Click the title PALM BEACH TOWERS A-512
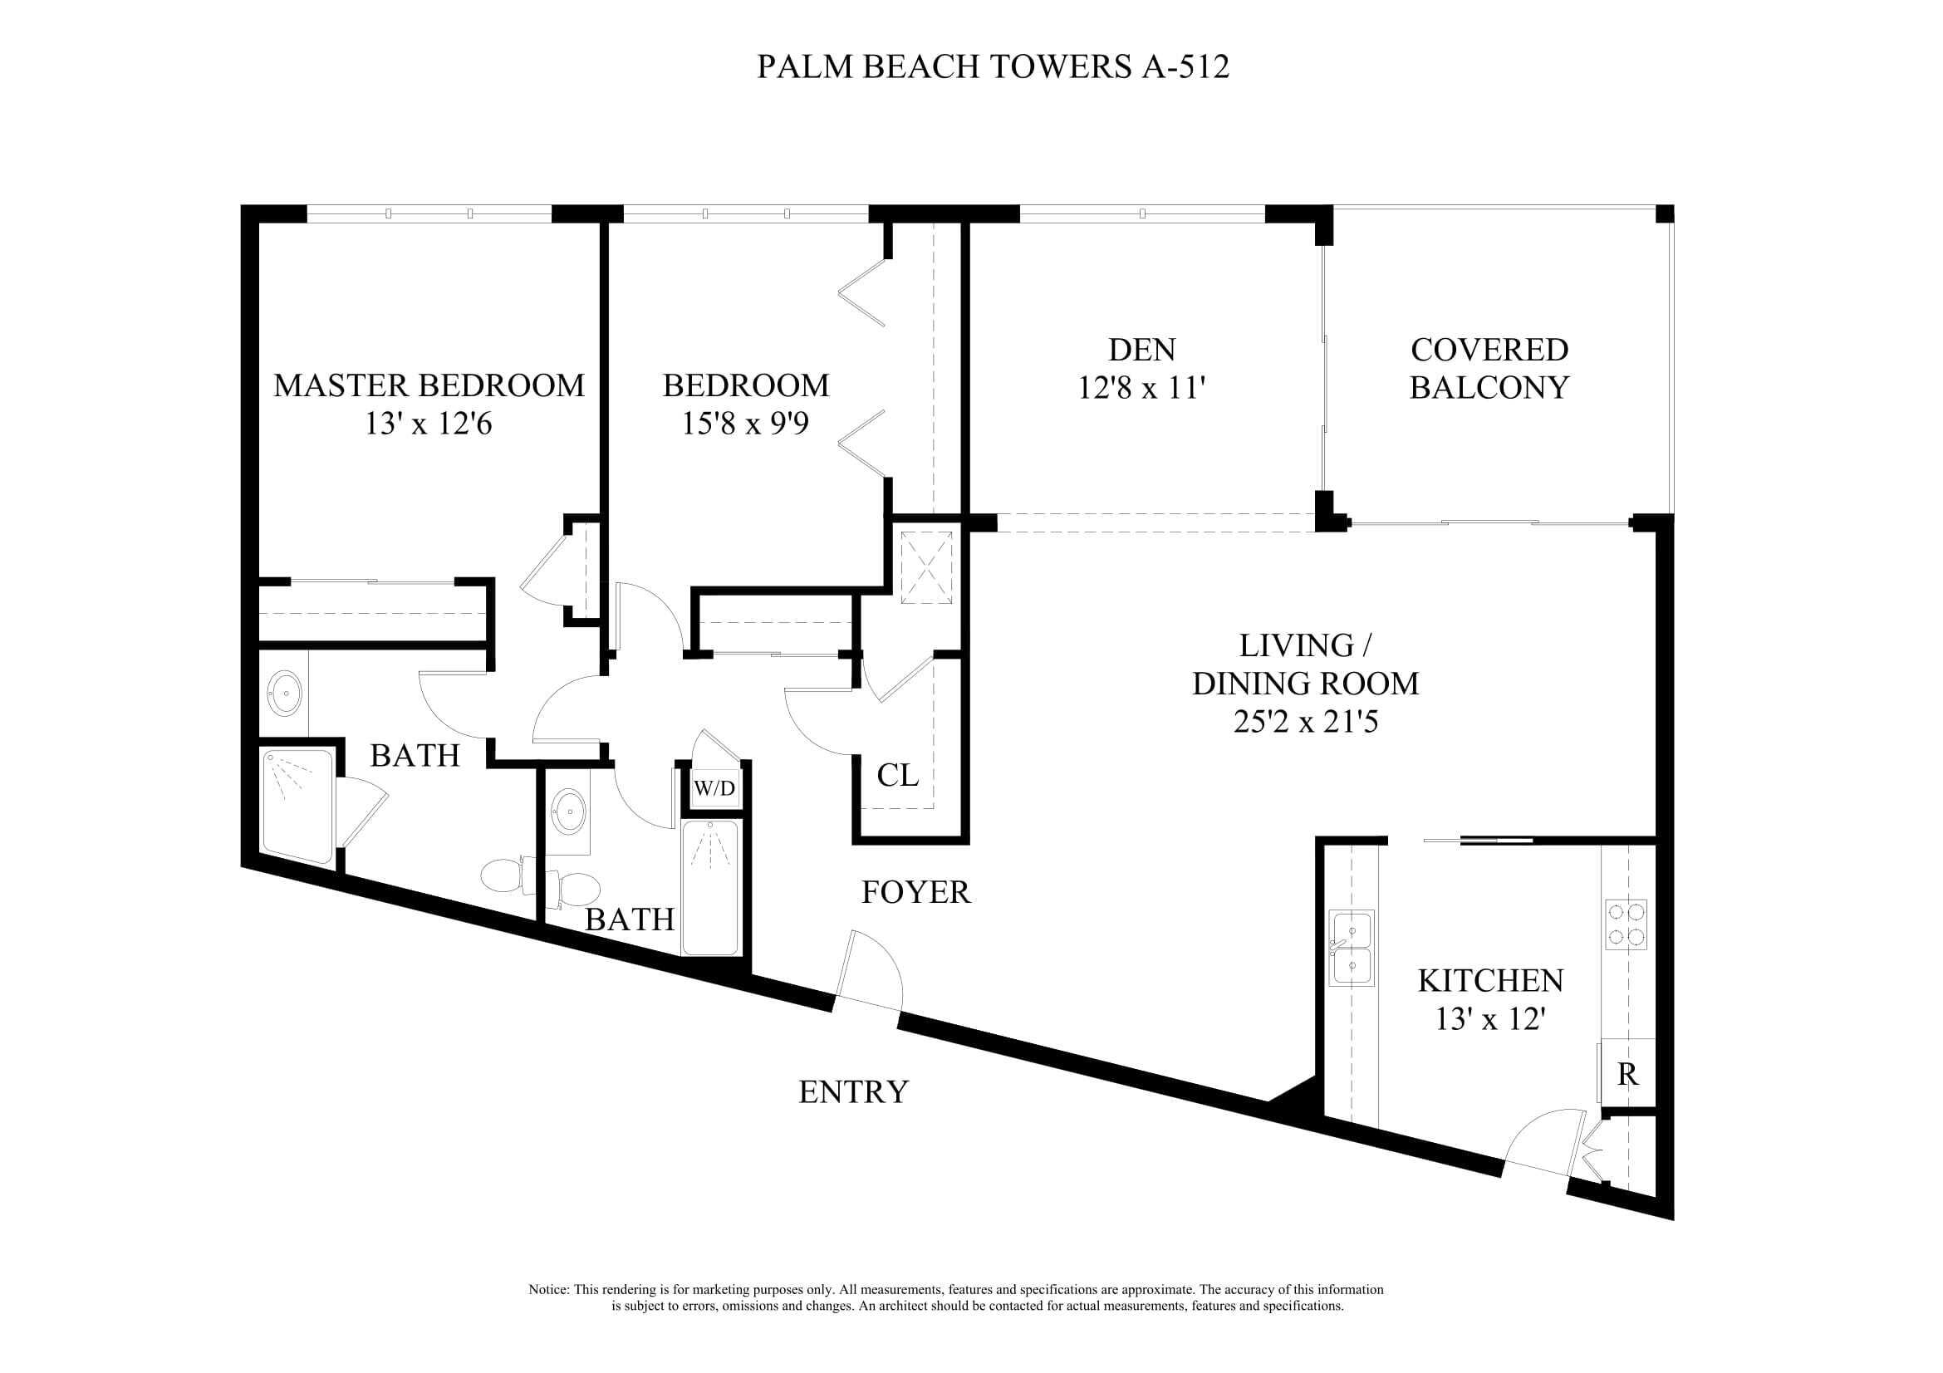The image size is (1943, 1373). (992, 66)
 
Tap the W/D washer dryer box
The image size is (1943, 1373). (714, 789)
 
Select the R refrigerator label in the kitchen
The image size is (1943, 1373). (1627, 1075)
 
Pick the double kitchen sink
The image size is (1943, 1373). (1352, 949)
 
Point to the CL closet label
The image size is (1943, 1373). (897, 775)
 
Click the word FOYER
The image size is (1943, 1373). (915, 893)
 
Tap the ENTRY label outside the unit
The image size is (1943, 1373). (853, 1092)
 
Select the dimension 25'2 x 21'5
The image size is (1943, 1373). (1305, 722)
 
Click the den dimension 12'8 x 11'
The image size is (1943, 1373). (1141, 388)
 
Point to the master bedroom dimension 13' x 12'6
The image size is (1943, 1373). (428, 423)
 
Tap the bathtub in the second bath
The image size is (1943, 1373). (710, 887)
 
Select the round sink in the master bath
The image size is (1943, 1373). (284, 694)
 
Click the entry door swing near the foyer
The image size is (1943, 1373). (871, 973)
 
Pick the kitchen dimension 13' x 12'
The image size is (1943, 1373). (1490, 1019)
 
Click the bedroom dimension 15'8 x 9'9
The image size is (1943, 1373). (744, 423)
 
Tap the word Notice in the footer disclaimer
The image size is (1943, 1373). (548, 1290)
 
